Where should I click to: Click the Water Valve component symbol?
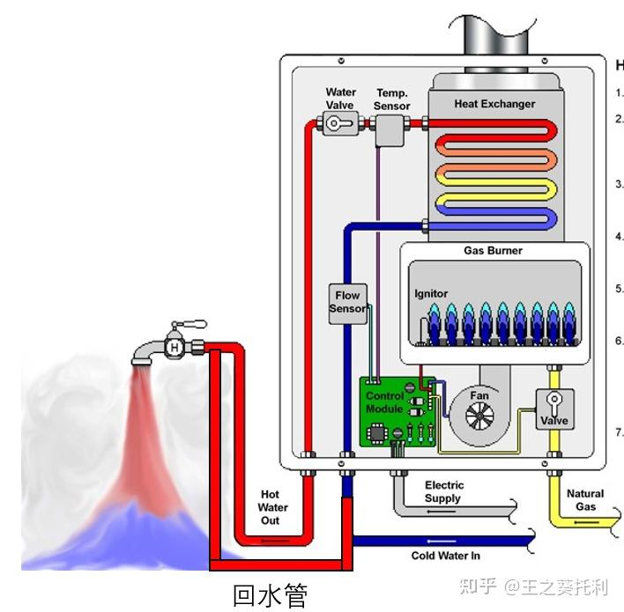[335, 125]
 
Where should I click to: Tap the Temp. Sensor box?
[387, 131]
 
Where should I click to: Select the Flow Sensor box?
[347, 303]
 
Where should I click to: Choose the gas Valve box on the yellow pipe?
[554, 409]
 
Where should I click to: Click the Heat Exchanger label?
[494, 104]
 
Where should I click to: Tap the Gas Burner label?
[493, 251]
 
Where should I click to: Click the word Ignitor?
[431, 293]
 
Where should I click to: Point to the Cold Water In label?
[445, 556]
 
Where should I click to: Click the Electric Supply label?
[443, 491]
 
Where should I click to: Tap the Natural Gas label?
[585, 500]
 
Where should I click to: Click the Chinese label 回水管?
[270, 595]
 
